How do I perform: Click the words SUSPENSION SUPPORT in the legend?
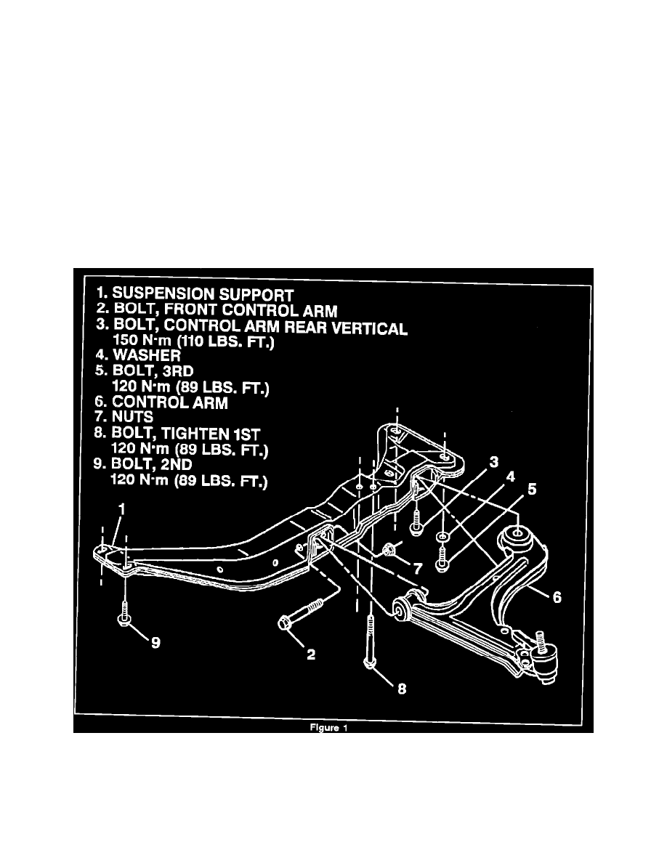click(203, 295)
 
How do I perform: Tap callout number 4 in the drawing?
click(512, 477)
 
